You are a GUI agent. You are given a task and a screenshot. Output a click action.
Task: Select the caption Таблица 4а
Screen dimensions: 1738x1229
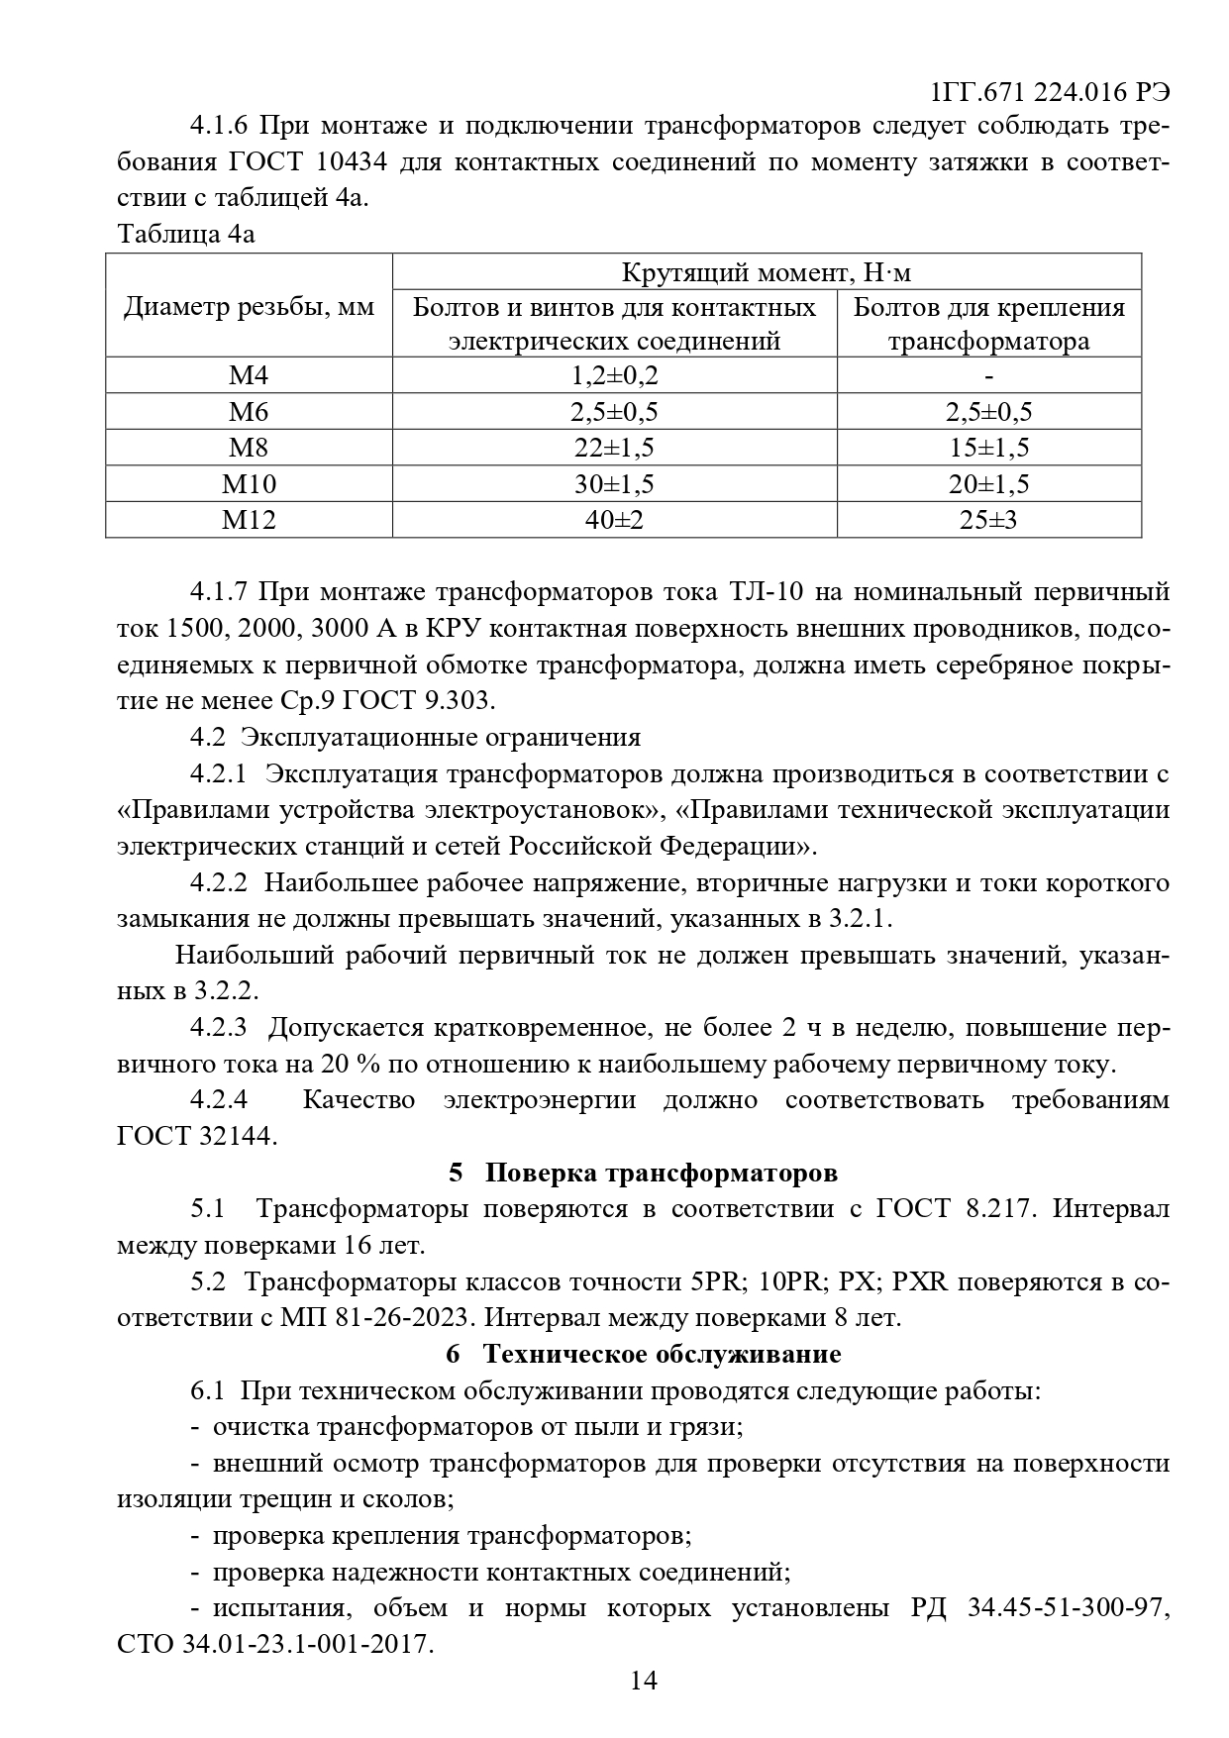point(185,235)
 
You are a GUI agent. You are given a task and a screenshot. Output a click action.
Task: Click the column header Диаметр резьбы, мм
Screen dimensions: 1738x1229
point(249,307)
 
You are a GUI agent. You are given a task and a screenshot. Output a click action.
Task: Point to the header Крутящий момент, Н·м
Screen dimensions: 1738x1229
point(767,272)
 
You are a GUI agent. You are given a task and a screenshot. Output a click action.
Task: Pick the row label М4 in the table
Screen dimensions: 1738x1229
point(249,376)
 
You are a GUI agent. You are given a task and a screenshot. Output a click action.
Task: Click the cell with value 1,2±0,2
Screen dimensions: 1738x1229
point(614,376)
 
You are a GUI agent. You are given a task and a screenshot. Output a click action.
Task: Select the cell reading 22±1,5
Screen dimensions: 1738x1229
point(614,448)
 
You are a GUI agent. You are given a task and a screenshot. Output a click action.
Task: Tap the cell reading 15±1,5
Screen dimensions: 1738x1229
point(988,448)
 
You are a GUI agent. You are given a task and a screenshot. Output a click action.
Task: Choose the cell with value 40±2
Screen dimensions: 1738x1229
point(614,519)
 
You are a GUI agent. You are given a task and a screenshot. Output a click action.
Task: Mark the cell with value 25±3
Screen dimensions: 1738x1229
point(988,519)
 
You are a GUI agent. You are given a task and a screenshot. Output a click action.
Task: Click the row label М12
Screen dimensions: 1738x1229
point(249,519)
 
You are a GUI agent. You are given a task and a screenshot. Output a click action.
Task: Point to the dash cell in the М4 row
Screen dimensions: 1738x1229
point(988,376)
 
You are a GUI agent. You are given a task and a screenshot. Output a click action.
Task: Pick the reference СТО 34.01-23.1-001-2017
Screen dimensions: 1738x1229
point(274,1644)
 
